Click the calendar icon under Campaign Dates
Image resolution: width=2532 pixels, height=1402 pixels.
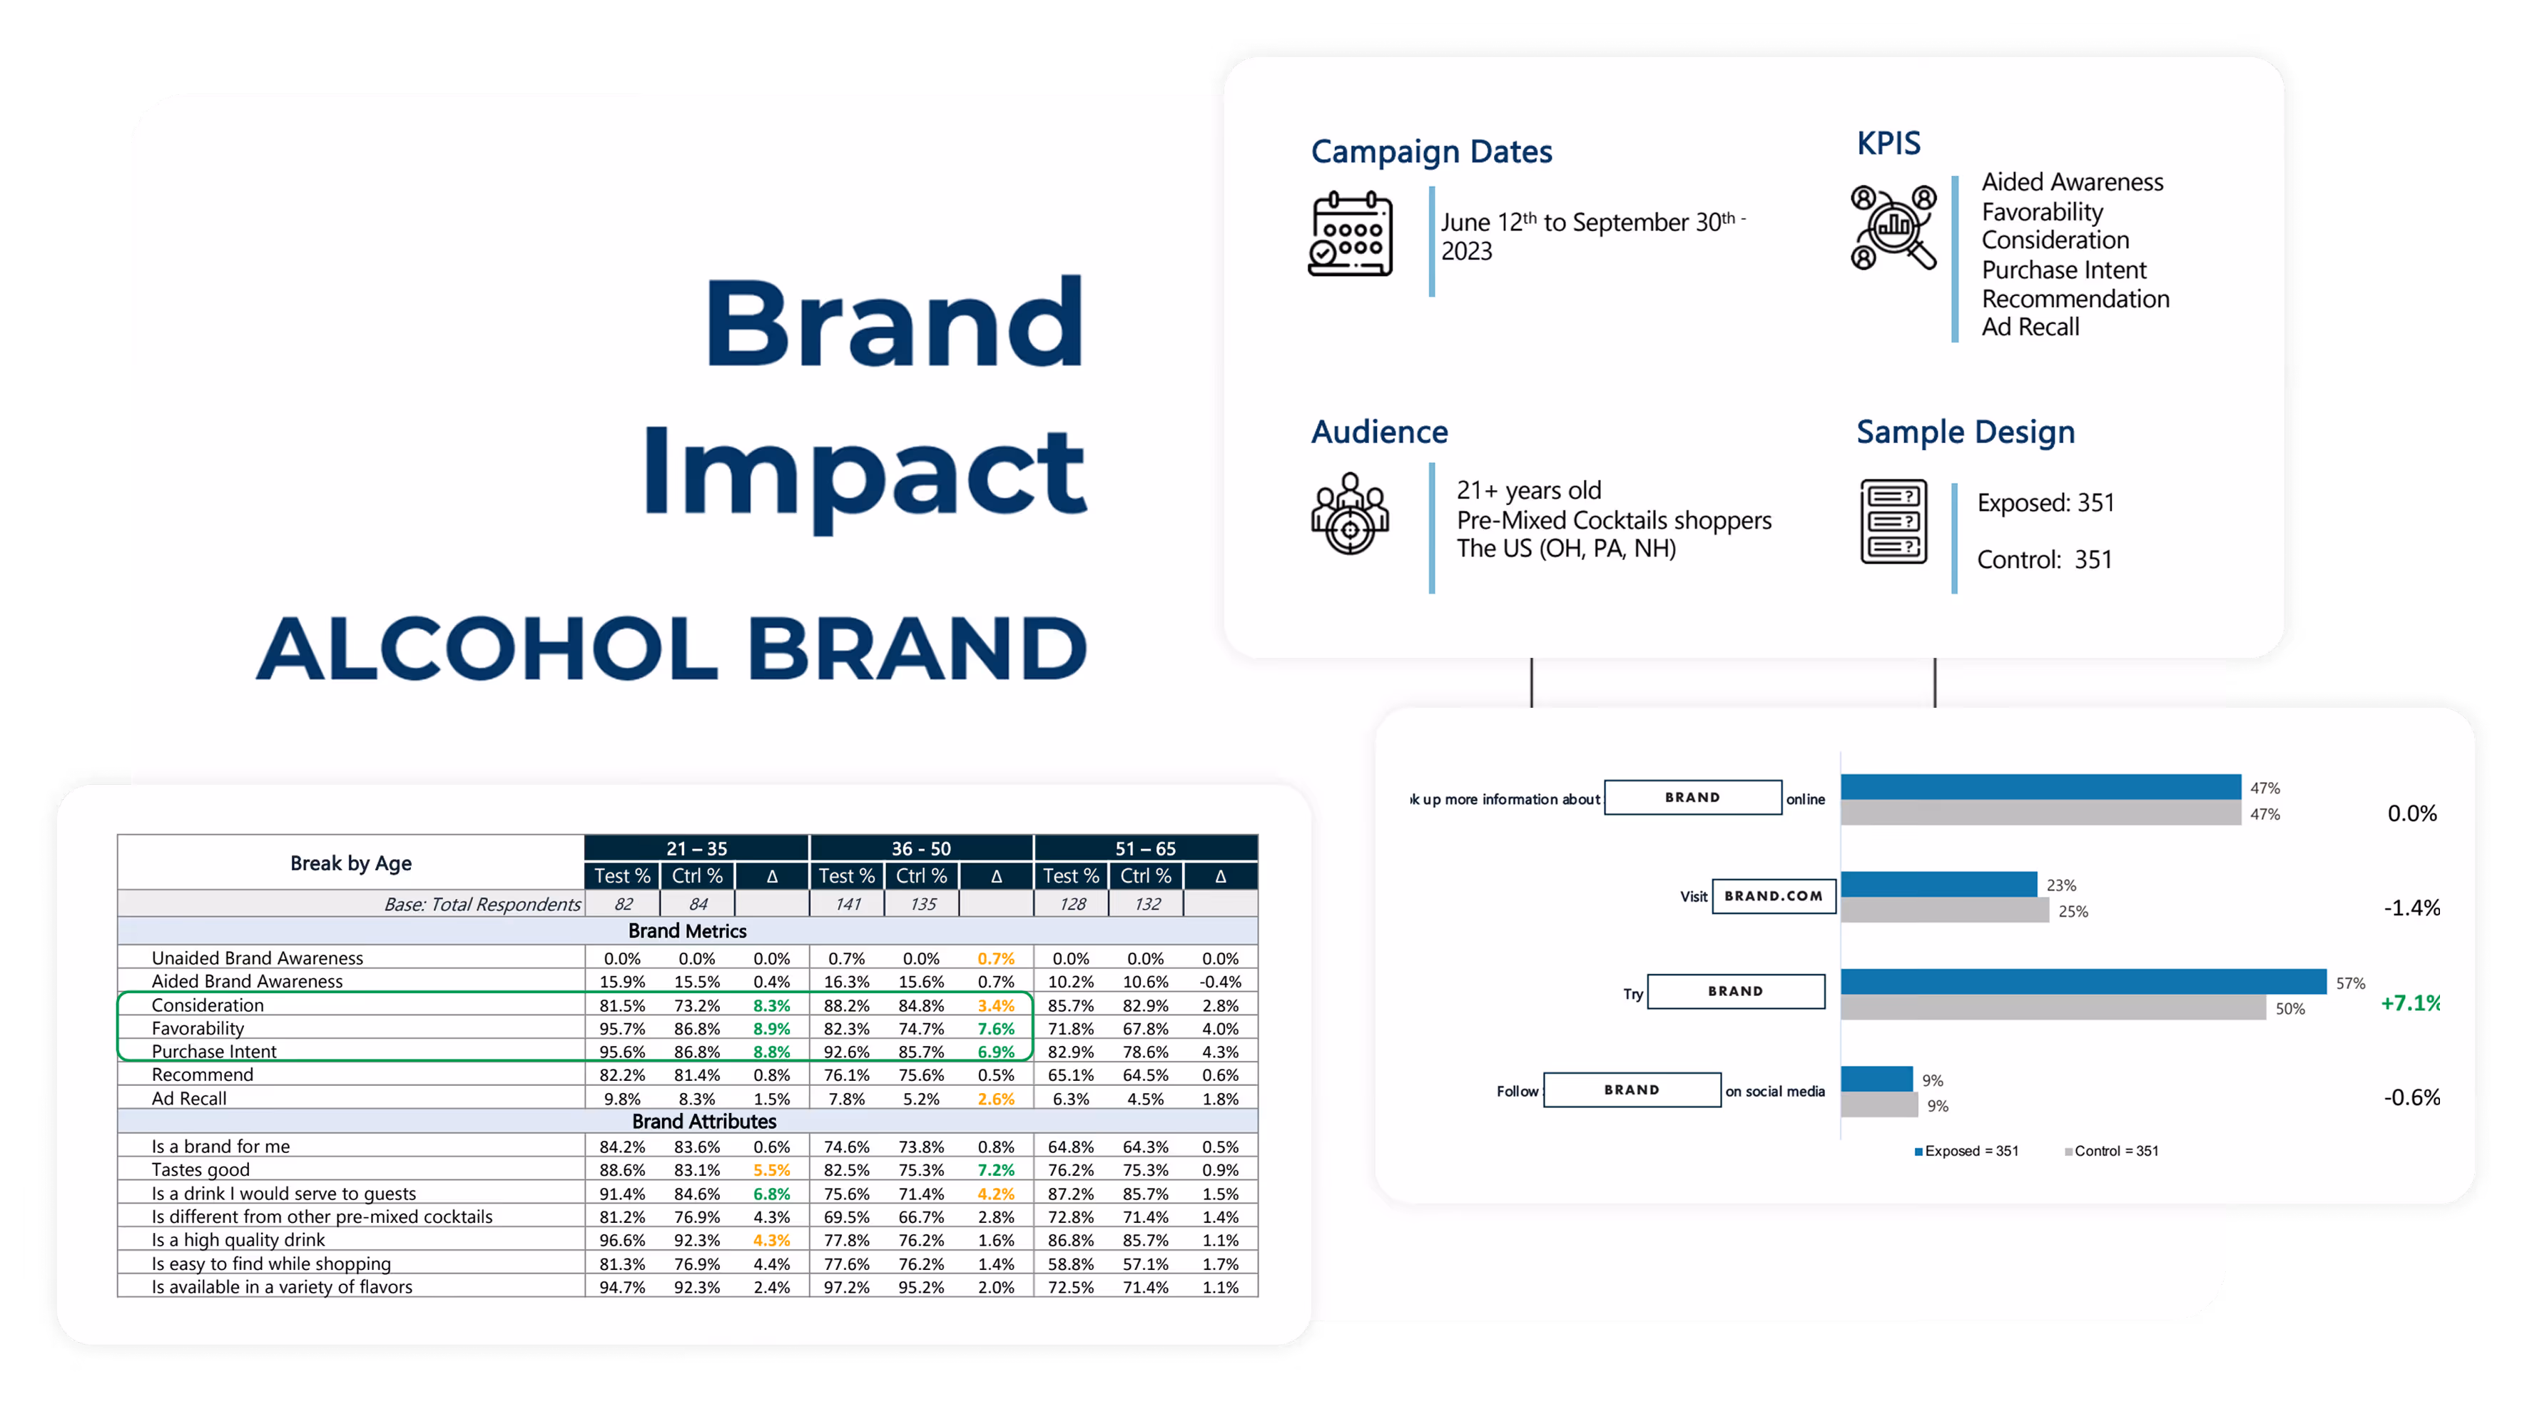(x=1351, y=234)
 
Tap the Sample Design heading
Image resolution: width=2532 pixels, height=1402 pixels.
(x=1965, y=432)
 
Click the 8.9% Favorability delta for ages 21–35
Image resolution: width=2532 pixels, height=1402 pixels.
(x=772, y=1028)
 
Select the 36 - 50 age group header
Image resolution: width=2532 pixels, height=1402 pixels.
(x=921, y=848)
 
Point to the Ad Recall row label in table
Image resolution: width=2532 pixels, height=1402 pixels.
(x=189, y=1098)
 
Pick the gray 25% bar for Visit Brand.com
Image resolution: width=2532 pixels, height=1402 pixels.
(x=1944, y=911)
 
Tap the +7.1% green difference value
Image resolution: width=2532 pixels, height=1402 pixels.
(x=2409, y=1003)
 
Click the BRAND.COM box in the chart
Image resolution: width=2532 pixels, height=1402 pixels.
(x=1773, y=895)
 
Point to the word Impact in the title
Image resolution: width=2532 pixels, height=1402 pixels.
(x=865, y=474)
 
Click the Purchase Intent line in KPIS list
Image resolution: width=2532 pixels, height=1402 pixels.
(x=2063, y=270)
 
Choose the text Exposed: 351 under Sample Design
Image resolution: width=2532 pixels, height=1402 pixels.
(x=2045, y=504)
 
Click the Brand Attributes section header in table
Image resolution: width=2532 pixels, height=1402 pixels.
(x=703, y=1122)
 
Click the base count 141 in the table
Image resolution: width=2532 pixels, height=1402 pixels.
(x=848, y=903)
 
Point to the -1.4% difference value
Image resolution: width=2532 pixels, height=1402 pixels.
(x=2411, y=908)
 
